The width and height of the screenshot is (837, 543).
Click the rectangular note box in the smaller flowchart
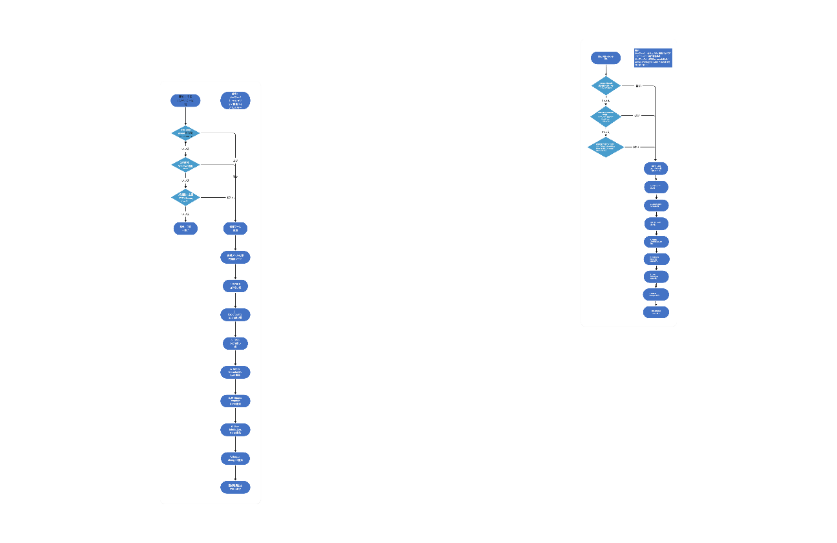tap(654, 58)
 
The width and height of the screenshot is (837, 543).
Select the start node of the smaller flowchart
tap(606, 58)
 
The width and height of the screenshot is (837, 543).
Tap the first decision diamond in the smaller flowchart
tap(606, 85)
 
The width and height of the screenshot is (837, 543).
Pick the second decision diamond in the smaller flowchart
tap(606, 116)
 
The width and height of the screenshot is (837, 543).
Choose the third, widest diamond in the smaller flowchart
tap(606, 147)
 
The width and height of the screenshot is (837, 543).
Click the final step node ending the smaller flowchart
tap(656, 312)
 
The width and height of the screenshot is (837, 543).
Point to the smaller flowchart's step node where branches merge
tap(656, 169)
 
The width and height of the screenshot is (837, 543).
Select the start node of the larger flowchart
tap(185, 100)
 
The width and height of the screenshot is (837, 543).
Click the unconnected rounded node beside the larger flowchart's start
tap(235, 100)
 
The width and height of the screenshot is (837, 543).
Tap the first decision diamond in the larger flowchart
tap(185, 133)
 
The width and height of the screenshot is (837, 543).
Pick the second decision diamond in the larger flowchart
tap(185, 165)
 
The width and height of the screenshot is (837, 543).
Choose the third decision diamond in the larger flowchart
tap(185, 197)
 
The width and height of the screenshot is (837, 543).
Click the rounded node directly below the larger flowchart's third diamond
tap(185, 228)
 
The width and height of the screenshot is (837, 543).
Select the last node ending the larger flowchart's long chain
tap(235, 487)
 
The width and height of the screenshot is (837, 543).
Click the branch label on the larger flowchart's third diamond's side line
tap(229, 197)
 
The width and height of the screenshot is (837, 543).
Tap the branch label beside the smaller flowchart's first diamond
tap(638, 85)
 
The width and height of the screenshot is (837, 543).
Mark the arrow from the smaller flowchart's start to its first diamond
tap(606, 71)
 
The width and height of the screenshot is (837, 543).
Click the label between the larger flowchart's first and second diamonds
tap(185, 149)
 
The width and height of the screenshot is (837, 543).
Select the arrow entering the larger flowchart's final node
tap(235, 473)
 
